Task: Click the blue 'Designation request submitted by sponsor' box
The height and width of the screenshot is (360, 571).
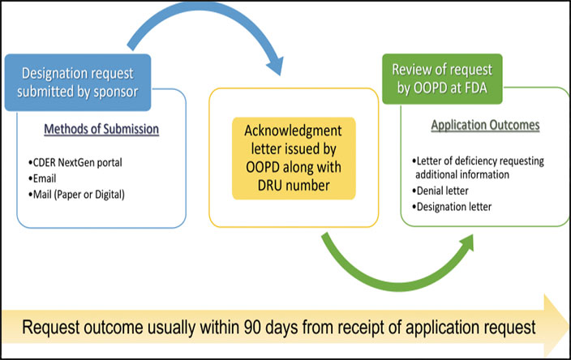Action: [78, 83]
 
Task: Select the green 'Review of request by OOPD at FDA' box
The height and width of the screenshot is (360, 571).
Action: [442, 79]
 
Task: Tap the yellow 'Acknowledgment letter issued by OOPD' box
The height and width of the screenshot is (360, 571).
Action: [294, 158]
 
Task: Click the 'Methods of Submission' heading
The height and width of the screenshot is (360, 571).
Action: [101, 129]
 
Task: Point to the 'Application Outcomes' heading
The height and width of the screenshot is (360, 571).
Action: [485, 125]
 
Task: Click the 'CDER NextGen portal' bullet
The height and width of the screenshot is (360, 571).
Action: [75, 162]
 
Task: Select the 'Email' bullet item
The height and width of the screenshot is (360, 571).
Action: [42, 178]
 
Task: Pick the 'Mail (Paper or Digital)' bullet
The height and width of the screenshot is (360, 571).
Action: [76, 195]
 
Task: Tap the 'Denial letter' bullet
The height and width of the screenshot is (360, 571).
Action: [440, 191]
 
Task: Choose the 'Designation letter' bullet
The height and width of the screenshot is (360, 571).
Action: [452, 207]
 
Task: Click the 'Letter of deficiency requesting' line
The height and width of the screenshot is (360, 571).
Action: [478, 161]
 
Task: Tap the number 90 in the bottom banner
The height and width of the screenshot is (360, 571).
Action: [253, 327]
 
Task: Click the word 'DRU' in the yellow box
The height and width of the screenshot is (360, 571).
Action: [269, 186]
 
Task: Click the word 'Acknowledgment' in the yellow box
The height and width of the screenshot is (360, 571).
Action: [293, 131]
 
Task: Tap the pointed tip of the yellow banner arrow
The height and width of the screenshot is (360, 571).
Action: [568, 326]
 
